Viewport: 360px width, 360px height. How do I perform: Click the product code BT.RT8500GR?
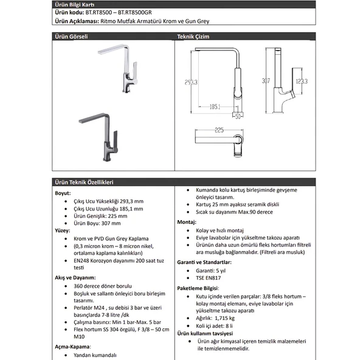point(135,12)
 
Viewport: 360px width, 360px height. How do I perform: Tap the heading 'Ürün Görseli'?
point(71,36)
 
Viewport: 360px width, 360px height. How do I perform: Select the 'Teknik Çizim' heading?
point(193,36)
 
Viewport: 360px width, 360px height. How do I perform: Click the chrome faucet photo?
point(118,69)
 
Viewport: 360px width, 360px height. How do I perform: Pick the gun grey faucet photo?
point(99,137)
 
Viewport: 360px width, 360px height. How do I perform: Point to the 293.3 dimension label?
point(191,82)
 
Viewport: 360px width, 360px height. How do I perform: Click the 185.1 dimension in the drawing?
point(215,107)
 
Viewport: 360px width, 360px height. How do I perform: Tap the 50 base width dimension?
point(238,116)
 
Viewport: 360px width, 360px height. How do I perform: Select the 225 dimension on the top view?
point(219,130)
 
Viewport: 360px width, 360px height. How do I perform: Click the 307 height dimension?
point(266,81)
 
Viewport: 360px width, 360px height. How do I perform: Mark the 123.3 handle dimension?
point(302,81)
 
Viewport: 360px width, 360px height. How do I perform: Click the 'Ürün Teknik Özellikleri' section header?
point(84,182)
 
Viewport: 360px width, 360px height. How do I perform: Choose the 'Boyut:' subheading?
point(63,193)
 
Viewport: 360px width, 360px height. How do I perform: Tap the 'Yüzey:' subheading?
point(63,230)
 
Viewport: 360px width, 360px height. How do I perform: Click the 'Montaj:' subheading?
point(187,222)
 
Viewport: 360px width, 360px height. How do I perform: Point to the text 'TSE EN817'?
point(208,278)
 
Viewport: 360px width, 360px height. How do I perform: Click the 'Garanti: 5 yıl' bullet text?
point(211,271)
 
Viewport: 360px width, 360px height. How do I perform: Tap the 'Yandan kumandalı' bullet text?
point(95,355)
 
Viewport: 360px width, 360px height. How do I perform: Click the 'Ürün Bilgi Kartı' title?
point(74,5)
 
